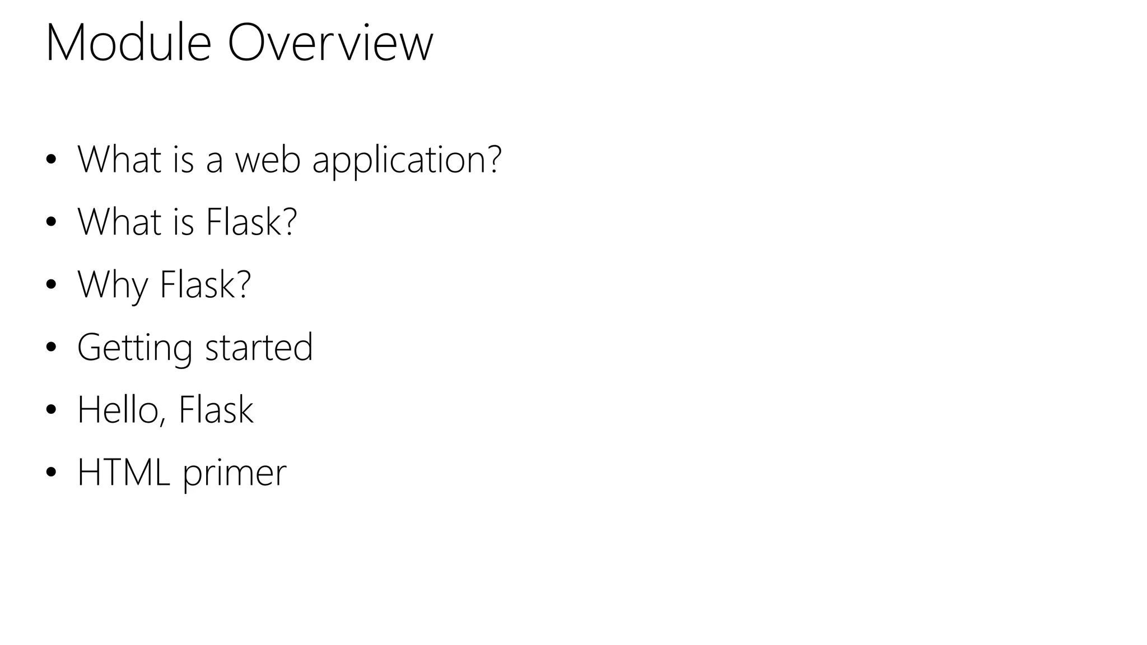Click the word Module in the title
pos(128,43)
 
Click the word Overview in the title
pos(330,43)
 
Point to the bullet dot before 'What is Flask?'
pos(52,222)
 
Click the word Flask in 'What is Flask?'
pos(250,222)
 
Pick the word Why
pos(113,286)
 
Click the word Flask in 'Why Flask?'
pos(204,284)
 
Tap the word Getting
pos(134,348)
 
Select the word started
pos(259,348)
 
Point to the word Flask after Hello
pos(216,410)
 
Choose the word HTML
pos(124,473)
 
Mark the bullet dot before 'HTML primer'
pos(52,473)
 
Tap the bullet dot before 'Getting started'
pos(52,348)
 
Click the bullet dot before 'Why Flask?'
pos(52,285)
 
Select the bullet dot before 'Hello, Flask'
pos(52,410)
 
